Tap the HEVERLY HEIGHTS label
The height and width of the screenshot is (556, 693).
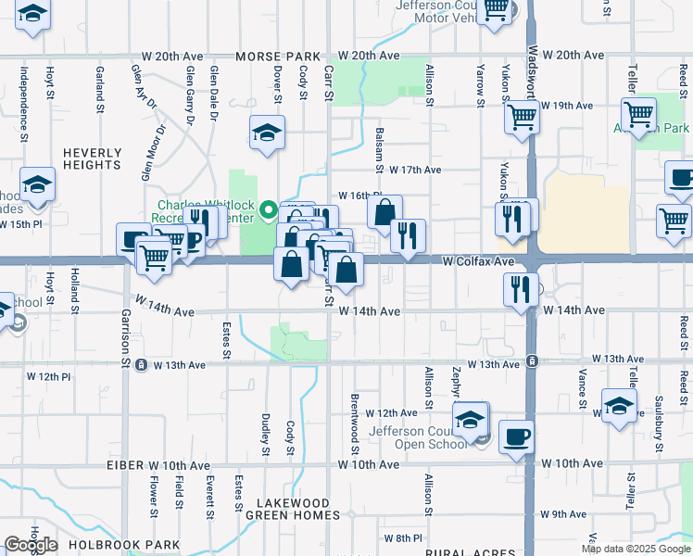[x=93, y=158]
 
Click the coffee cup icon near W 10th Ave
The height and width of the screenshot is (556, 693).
[x=517, y=436]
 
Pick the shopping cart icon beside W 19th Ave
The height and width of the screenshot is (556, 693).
[x=523, y=118]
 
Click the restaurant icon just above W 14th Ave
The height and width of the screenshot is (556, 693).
[x=522, y=288]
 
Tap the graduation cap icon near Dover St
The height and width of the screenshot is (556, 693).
[x=267, y=133]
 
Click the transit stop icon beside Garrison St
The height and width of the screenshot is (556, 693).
[x=141, y=365]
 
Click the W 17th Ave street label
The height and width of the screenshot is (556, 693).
[x=415, y=171]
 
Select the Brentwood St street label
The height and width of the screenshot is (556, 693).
[x=354, y=417]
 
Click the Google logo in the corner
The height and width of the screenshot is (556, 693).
[x=31, y=544]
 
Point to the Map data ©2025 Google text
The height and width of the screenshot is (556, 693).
[x=637, y=549]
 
